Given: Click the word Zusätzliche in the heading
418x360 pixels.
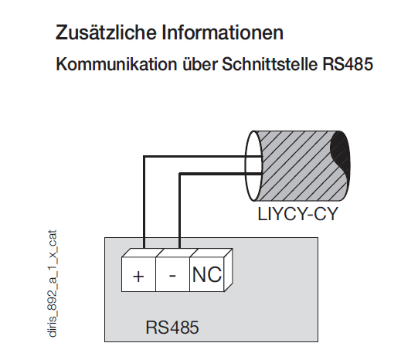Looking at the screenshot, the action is (106, 32).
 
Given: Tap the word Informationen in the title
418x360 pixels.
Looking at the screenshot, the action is (223, 32).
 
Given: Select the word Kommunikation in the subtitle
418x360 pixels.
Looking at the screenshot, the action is (117, 64).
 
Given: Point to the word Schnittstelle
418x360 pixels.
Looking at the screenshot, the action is (270, 64).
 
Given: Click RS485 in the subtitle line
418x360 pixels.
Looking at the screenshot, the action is (348, 64).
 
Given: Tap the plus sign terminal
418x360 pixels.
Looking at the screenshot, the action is (138, 277).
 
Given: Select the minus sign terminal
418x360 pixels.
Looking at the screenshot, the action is (172, 276).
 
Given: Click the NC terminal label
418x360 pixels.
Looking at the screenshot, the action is (207, 274).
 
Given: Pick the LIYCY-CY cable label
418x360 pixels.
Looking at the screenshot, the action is (297, 214).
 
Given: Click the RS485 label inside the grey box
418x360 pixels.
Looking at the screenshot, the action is (172, 328).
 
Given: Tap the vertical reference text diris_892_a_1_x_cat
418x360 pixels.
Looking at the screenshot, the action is (53, 284).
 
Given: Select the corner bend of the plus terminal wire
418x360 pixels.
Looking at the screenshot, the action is (144, 157).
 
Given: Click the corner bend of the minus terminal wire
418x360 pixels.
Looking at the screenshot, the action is (180, 175).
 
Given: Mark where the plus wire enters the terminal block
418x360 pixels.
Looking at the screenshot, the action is (144, 249).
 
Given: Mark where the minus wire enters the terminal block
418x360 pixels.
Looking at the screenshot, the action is (180, 249).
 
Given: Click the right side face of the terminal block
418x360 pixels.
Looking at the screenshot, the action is (229, 270).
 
